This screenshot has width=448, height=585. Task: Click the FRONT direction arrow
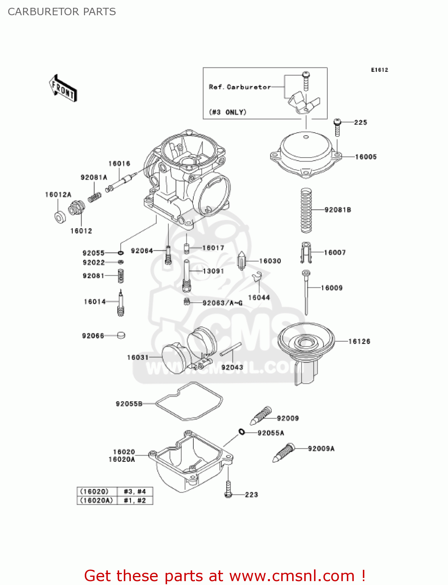click(x=63, y=89)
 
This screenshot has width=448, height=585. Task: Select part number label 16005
click(x=366, y=157)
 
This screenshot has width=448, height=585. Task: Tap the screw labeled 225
click(x=337, y=127)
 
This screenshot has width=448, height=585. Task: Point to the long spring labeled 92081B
click(x=306, y=210)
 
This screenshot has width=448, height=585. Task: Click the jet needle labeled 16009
click(x=306, y=292)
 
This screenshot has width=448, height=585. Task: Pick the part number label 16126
click(x=359, y=341)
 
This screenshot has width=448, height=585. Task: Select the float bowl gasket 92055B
click(x=189, y=401)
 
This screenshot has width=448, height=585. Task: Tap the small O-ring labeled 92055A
click(x=242, y=432)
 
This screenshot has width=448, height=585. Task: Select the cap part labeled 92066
click(x=121, y=335)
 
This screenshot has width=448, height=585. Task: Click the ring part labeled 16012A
click(x=60, y=217)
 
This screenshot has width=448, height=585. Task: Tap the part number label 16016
click(x=119, y=163)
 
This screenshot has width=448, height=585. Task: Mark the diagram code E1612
click(x=379, y=70)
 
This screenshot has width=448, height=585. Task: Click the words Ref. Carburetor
click(x=240, y=87)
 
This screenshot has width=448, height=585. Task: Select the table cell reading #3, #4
click(x=135, y=491)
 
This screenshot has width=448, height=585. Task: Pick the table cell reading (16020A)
click(x=96, y=500)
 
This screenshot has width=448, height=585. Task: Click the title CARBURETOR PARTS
click(x=62, y=12)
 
